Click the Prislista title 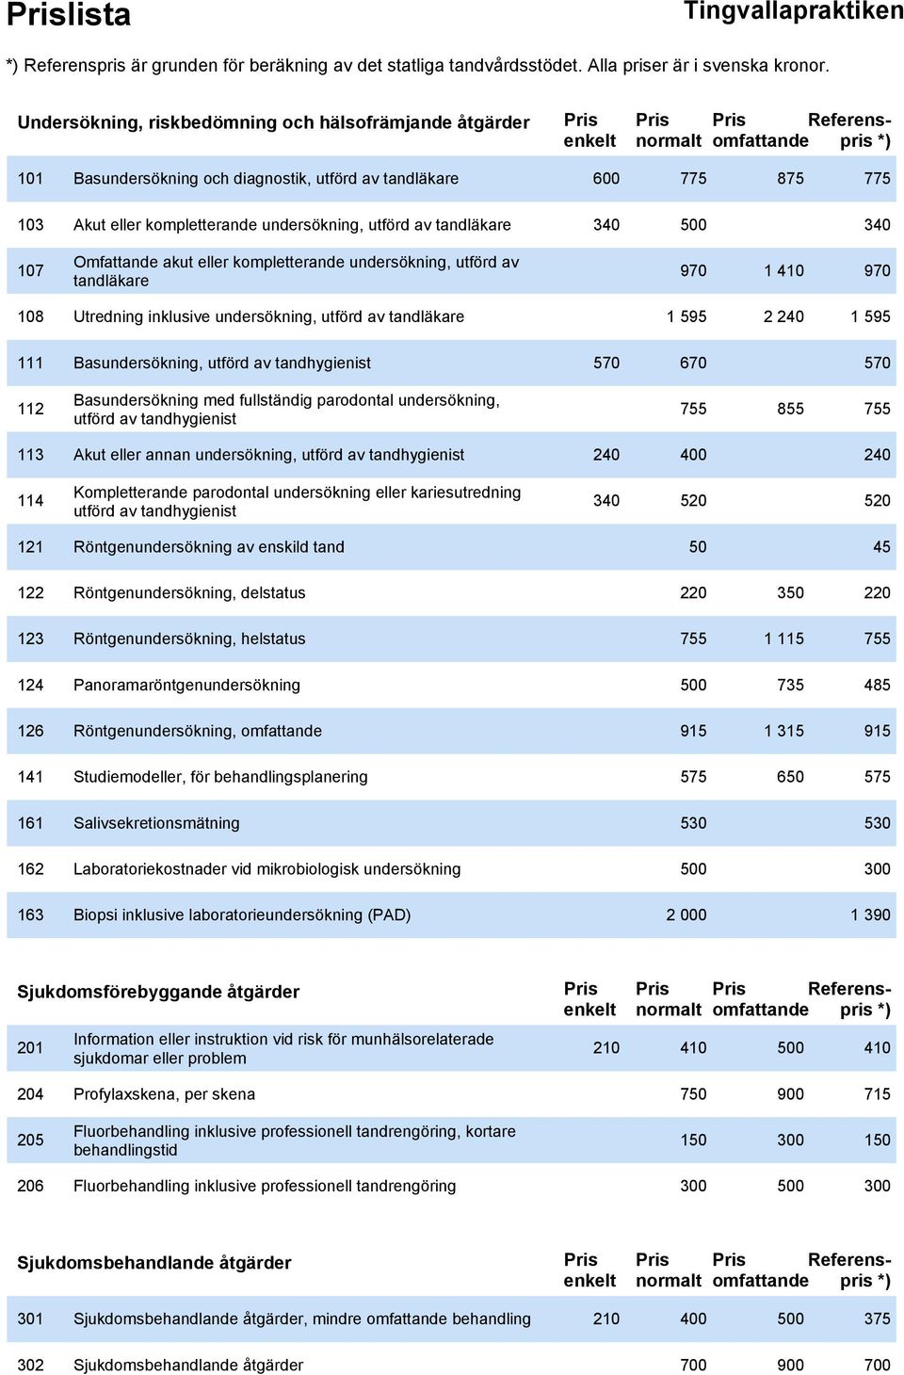coord(68,15)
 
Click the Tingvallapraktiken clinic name coord(793,11)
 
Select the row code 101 coord(30,179)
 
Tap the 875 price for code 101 coord(790,179)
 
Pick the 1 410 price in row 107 coord(783,270)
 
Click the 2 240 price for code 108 coord(783,316)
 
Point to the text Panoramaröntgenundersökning coord(186,685)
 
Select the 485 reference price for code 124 coord(877,685)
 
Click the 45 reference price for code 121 coord(882,547)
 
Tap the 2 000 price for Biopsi coord(686,915)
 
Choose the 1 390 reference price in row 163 coord(870,915)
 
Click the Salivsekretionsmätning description coord(156,823)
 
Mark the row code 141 coord(30,777)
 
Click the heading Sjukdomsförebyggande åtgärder coord(158,992)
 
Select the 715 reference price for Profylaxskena coord(877,1093)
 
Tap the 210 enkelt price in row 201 coord(606,1048)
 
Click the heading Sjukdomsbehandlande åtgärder coord(154,1263)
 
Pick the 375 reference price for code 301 coord(877,1318)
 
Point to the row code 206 coord(30,1186)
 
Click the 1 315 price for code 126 coord(783,731)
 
